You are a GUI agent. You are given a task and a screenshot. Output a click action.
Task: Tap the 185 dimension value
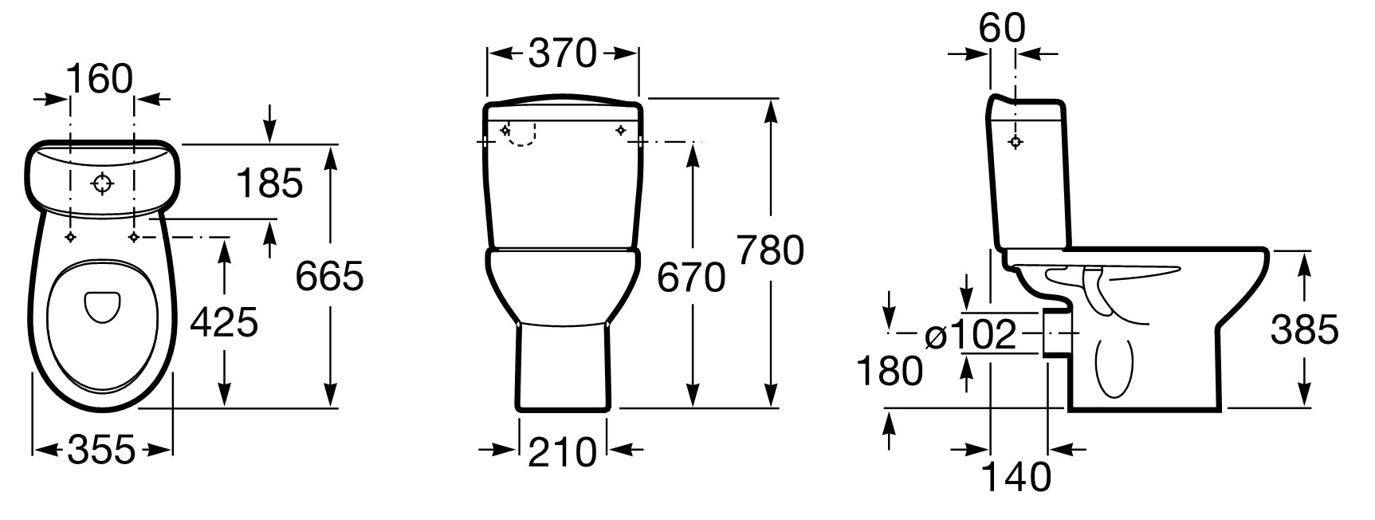270,183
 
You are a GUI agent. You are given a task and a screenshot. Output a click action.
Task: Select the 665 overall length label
329,276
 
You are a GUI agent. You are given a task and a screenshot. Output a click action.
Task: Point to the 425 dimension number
224,322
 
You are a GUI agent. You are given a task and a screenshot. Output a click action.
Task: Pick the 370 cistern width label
563,53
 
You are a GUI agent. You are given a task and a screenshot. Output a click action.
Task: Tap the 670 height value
691,278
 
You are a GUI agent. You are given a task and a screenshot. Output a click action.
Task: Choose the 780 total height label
769,250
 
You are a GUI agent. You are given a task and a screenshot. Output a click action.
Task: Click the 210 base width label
563,451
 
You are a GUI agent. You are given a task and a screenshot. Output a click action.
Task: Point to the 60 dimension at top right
1002,28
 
